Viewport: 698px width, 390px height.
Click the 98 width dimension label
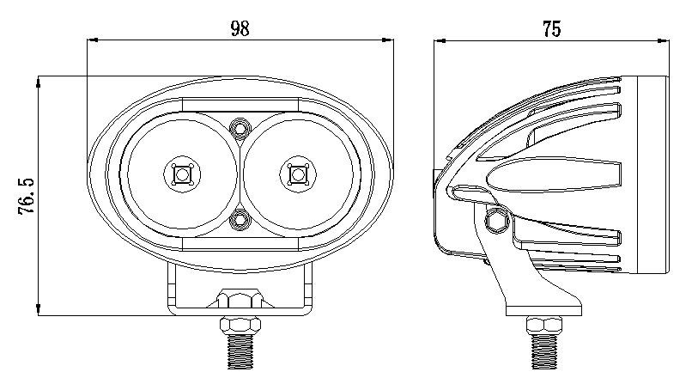tap(240, 28)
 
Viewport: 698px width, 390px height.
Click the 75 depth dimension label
tap(551, 29)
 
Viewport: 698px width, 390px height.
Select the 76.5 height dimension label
tap(27, 196)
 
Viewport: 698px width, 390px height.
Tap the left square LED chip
tap(182, 174)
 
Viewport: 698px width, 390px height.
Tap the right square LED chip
tap(297, 174)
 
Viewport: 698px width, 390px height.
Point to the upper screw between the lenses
tap(240, 129)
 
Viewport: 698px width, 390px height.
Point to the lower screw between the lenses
tap(240, 220)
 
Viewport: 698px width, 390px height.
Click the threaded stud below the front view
tap(240, 351)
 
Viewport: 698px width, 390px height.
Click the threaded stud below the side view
tap(544, 351)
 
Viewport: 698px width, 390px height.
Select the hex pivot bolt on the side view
tap(497, 221)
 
